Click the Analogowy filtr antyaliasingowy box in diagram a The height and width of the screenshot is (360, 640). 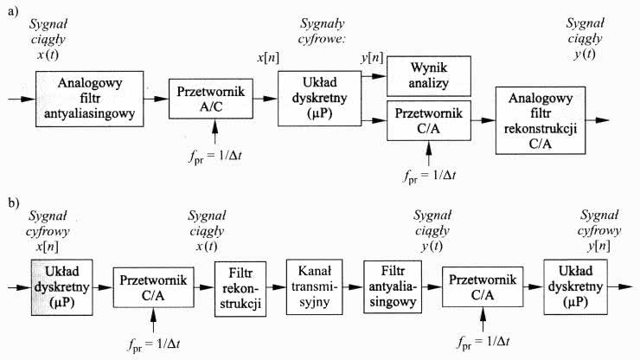90,99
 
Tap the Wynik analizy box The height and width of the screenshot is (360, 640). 427,77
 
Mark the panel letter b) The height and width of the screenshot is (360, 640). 12,202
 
